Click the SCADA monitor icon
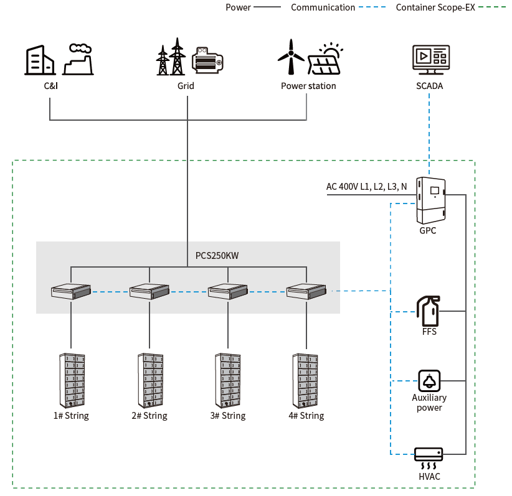430,60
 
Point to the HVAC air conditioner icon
429,458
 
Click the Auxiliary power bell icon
429,380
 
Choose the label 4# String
306,416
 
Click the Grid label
186,86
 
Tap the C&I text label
50,86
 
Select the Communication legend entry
323,7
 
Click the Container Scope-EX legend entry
435,7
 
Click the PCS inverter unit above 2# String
149,290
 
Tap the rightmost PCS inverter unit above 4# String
306,290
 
